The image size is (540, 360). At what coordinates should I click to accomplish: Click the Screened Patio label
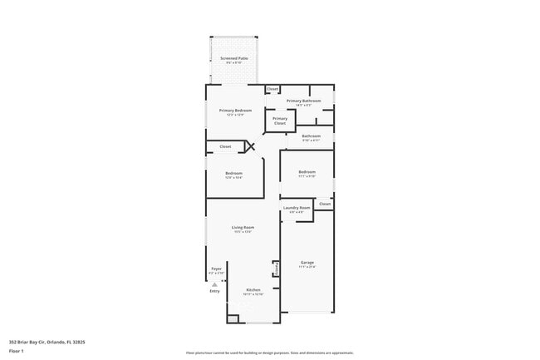pyautogui.click(x=234, y=59)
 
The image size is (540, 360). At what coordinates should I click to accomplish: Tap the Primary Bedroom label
pyautogui.click(x=235, y=111)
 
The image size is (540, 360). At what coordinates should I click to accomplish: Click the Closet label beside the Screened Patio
pyautogui.click(x=272, y=88)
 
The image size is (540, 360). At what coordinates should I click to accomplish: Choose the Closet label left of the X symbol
pyautogui.click(x=225, y=146)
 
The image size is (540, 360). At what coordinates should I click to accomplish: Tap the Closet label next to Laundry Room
pyautogui.click(x=324, y=203)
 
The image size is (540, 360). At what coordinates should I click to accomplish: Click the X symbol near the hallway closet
pyautogui.click(x=248, y=146)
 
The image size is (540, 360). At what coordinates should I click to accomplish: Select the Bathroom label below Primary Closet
pyautogui.click(x=311, y=136)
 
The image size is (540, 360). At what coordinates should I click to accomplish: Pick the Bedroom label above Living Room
pyautogui.click(x=233, y=173)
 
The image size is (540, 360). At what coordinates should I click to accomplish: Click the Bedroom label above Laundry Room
pyautogui.click(x=307, y=172)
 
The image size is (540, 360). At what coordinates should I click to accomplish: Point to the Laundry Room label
pyautogui.click(x=297, y=208)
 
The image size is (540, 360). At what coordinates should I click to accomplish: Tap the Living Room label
pyautogui.click(x=243, y=227)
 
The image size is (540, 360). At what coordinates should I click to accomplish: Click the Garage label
pyautogui.click(x=307, y=263)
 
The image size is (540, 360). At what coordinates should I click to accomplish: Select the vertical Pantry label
pyautogui.click(x=274, y=269)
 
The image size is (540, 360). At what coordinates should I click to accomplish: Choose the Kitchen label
pyautogui.click(x=253, y=289)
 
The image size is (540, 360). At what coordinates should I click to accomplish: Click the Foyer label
pyautogui.click(x=216, y=269)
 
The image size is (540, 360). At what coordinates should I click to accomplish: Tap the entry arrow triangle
pyautogui.click(x=214, y=284)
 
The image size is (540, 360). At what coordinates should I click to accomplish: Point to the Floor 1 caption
pyautogui.click(x=16, y=352)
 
